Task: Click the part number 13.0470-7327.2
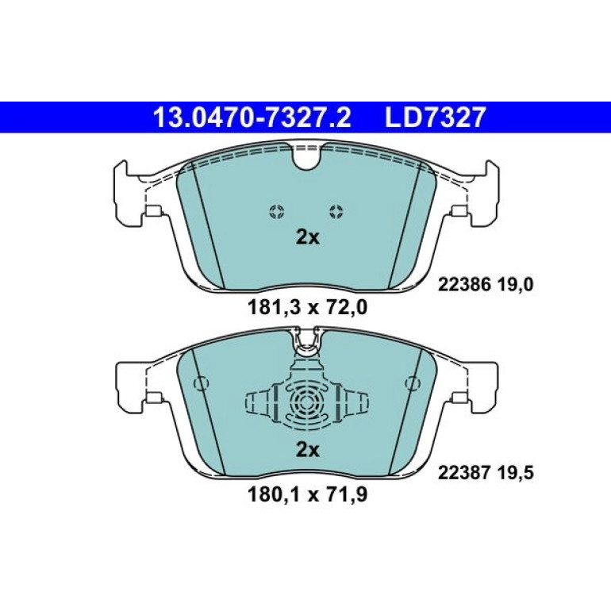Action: point(252,117)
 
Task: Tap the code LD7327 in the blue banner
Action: point(436,117)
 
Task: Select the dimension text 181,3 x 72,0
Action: point(307,308)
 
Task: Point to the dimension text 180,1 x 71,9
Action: point(307,495)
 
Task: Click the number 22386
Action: point(463,286)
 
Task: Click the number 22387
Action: point(463,474)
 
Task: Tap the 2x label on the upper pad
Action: point(307,237)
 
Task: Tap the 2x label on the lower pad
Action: point(307,451)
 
